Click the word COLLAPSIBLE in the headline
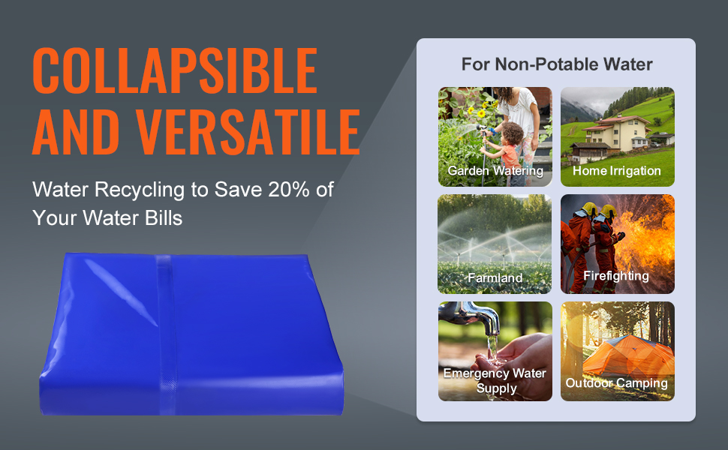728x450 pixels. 175,70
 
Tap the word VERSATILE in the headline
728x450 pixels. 248,132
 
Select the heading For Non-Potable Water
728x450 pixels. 557,64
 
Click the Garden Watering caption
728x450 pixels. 495,171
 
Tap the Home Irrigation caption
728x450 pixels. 617,171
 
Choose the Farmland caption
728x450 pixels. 495,277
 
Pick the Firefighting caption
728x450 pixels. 616,275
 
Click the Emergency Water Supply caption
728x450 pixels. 495,380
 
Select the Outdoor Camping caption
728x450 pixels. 617,383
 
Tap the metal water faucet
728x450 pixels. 470,316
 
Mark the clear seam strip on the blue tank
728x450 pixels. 166,334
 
